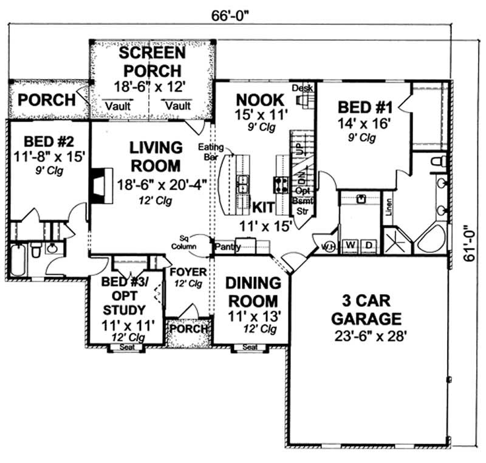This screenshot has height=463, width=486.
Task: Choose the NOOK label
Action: [x=260, y=99]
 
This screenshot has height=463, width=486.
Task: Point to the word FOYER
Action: [x=188, y=272]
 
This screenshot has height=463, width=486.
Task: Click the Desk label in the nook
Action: [x=302, y=89]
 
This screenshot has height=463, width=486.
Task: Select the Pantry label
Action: [x=228, y=247]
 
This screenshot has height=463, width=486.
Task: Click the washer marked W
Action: [x=351, y=245]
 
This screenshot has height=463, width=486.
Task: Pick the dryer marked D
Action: [x=367, y=245]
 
